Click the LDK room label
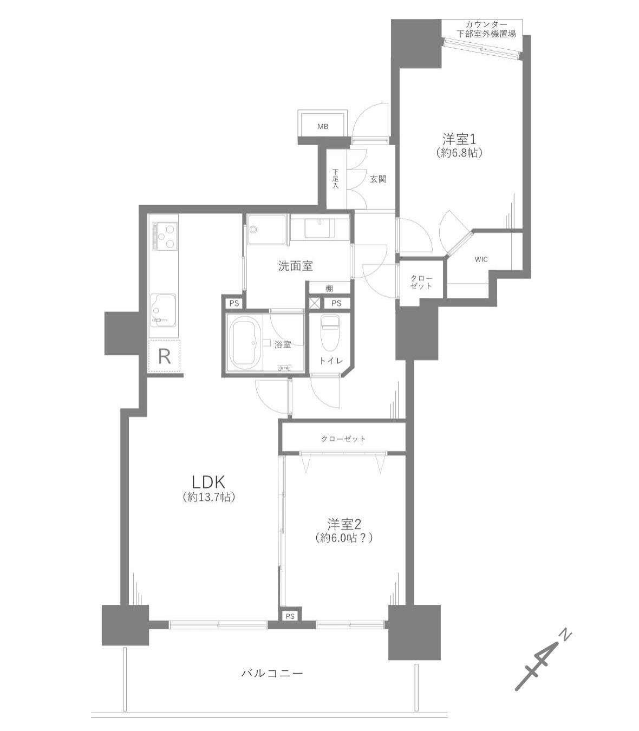coord(208,482)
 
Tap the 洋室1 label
coord(459,139)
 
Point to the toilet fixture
coord(329,333)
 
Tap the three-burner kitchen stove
coord(165,237)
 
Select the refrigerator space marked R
coord(164,356)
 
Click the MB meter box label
coord(323,127)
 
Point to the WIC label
coord(481,259)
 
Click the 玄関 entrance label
coord(378,179)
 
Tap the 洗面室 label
coord(295,266)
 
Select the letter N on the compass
coord(564,636)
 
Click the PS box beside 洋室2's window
coord(290,616)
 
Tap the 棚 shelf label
coord(329,289)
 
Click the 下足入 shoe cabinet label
coord(335,179)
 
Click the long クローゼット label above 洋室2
coord(343,439)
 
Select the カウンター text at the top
coord(486,25)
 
